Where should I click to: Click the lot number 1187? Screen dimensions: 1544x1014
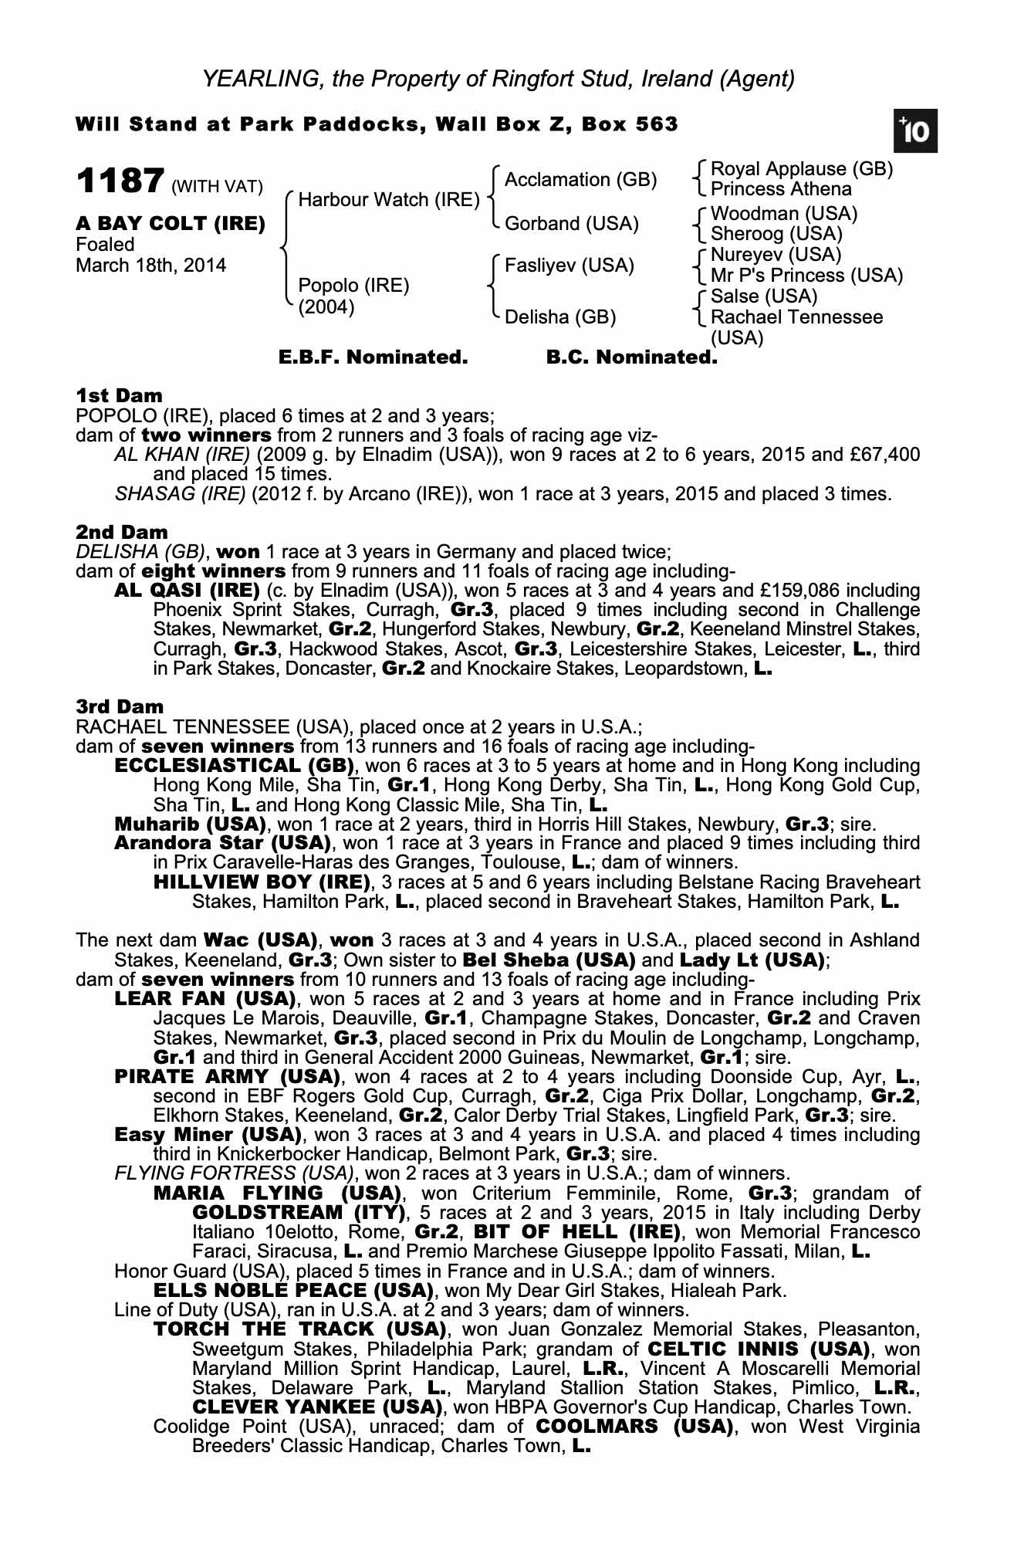coord(119,182)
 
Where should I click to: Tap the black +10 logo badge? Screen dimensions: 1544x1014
coord(915,132)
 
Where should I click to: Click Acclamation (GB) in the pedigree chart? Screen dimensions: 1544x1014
coord(580,180)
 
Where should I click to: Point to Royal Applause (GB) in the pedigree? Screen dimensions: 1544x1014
coord(801,169)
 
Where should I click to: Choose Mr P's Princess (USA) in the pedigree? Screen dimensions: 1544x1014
coord(806,276)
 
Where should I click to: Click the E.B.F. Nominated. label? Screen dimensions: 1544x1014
coord(373,357)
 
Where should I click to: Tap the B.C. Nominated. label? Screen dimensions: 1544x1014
coord(631,357)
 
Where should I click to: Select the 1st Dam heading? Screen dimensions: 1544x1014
coord(119,396)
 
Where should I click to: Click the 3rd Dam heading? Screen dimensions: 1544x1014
coord(120,706)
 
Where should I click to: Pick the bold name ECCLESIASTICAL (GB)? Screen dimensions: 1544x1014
coord(234,766)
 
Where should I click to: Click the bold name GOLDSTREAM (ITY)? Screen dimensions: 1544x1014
coord(298,1212)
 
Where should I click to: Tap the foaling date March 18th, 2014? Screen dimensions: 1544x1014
coord(151,266)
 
